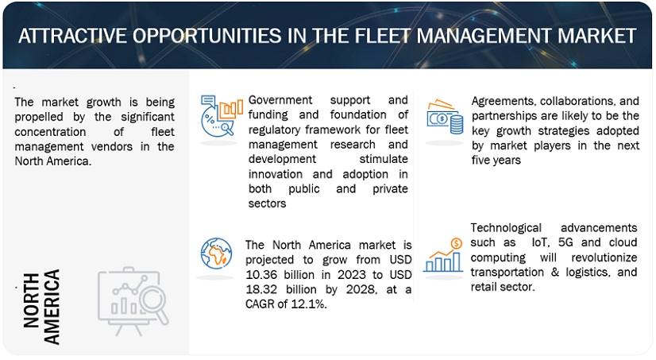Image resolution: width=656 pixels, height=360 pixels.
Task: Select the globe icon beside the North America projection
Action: [x=216, y=254]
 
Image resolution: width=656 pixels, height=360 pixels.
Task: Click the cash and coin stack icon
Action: [x=445, y=117]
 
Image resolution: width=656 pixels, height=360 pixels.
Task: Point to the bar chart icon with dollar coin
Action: [x=443, y=255]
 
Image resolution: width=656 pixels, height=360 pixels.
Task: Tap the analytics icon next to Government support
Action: [x=222, y=116]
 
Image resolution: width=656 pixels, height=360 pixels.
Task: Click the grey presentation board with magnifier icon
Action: [x=133, y=301]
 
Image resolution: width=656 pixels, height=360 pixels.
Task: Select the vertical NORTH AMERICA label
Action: [x=41, y=307]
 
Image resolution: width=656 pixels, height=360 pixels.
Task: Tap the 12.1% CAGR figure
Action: [x=309, y=304]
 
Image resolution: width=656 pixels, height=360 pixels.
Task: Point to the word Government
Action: [x=280, y=100]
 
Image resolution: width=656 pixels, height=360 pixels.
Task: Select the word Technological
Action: [x=506, y=228]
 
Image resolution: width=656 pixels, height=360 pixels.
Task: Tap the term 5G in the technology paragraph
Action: [x=566, y=242]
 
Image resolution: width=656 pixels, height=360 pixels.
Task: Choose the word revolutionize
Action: [x=604, y=257]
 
